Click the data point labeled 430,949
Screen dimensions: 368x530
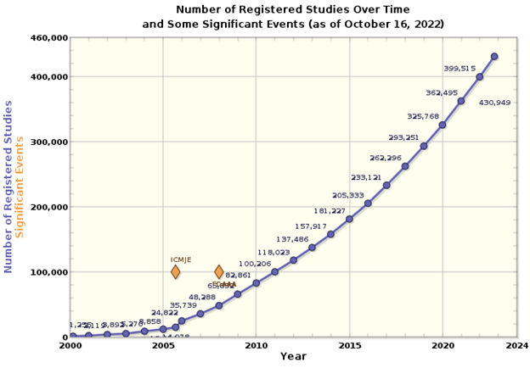pos(494,57)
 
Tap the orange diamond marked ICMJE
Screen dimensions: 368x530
pos(176,272)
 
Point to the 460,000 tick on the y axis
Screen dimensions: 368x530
pos(49,38)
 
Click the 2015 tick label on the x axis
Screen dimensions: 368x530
pos(348,346)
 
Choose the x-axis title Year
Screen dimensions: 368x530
pos(293,357)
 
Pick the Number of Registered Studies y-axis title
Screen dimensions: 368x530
pos(8,187)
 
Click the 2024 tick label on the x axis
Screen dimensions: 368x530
pos(515,346)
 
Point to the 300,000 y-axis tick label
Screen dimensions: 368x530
pos(49,142)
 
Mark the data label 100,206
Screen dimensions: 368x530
pos(255,265)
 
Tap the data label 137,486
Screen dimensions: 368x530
pos(292,240)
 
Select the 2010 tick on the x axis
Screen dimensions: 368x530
pos(256,346)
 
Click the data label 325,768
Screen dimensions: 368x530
pos(423,117)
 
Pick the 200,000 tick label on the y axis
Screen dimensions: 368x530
pos(49,207)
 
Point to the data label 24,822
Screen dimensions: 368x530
pos(165,313)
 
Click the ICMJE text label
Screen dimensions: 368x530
pos(182,259)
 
